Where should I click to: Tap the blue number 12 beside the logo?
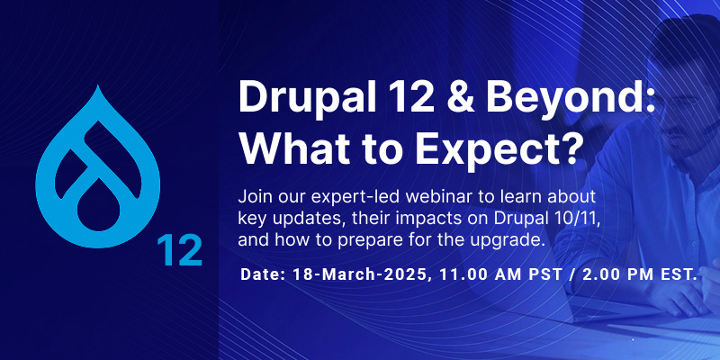coord(179,249)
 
